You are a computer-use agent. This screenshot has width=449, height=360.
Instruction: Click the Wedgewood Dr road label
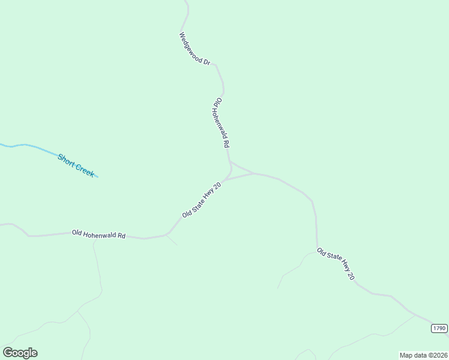195,49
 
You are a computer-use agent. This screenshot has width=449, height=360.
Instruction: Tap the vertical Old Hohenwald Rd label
221,124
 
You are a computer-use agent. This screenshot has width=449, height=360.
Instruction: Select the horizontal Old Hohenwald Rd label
98,234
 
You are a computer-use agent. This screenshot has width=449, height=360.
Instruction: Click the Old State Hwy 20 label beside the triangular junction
202,200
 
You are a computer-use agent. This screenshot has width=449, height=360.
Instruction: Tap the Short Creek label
76,165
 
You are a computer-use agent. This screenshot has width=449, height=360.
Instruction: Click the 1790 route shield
439,328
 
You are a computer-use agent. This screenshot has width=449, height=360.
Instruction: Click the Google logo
20,353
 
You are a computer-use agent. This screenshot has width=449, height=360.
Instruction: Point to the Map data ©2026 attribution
423,355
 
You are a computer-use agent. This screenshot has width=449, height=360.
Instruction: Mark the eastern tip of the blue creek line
97,177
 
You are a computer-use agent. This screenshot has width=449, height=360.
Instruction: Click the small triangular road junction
240,172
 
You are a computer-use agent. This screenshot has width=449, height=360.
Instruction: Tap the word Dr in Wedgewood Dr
207,61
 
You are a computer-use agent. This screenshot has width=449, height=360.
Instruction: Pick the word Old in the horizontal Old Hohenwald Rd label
76,232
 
